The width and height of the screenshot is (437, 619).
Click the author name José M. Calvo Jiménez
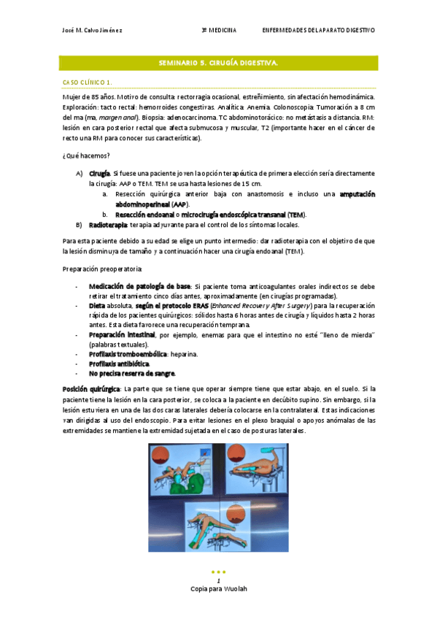[93, 31]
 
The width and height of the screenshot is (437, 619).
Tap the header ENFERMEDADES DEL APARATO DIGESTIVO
[319, 31]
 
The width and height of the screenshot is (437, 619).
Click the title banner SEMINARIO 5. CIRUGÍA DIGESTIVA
[218, 64]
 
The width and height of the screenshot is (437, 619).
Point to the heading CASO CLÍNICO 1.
[87, 82]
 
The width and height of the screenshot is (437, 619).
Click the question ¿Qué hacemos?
[86, 155]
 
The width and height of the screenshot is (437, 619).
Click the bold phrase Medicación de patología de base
[139, 286]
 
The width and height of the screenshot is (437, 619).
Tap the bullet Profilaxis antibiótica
[118, 364]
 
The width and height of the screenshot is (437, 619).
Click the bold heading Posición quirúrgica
[90, 390]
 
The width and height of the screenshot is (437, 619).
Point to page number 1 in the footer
[218, 581]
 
